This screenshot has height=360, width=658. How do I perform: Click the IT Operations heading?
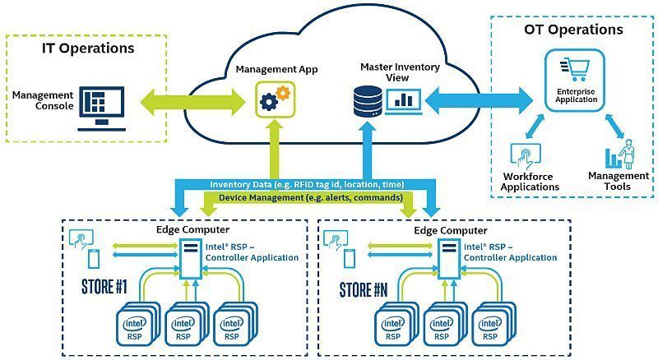click(88, 48)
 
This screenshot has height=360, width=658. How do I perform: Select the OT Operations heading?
click(573, 30)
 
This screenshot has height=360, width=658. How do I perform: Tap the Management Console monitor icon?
click(100, 107)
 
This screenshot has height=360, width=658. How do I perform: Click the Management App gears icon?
click(275, 99)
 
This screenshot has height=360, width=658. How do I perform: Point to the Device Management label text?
click(309, 198)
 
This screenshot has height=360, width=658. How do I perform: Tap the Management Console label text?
click(43, 100)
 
